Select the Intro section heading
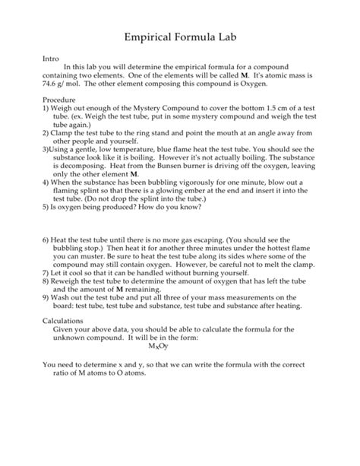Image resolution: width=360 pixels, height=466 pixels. coord(51,58)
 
